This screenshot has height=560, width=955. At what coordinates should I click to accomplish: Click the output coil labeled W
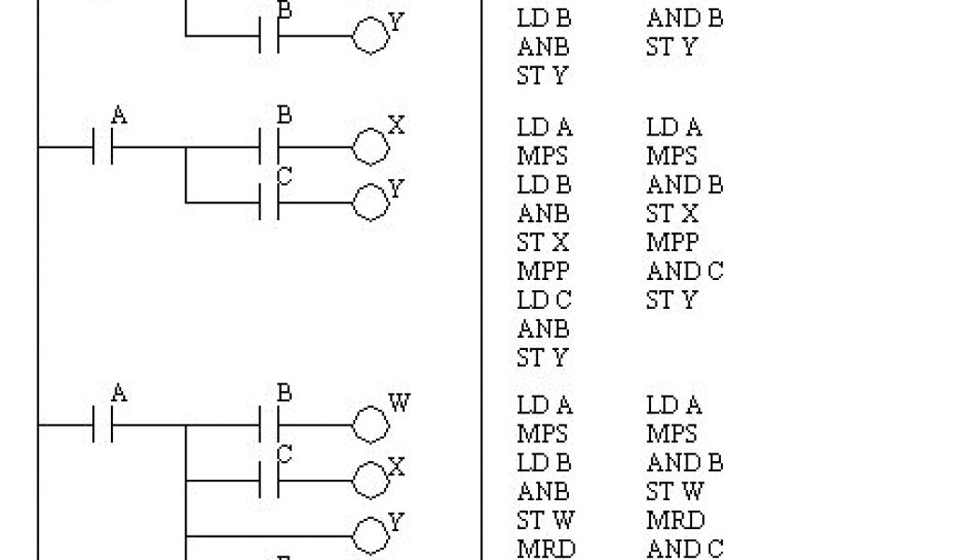tap(369, 426)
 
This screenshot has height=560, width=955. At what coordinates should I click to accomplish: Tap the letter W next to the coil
tap(399, 403)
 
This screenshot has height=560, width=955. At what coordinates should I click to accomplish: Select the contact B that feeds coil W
tap(270, 426)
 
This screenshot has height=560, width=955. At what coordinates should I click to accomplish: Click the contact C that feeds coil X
tap(270, 480)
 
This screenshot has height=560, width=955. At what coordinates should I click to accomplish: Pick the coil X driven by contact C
tap(369, 480)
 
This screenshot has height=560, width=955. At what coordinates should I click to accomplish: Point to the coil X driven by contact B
tap(369, 147)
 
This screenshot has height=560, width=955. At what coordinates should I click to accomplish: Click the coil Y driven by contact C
tap(369, 202)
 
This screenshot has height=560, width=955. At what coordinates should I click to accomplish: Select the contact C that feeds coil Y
tap(270, 202)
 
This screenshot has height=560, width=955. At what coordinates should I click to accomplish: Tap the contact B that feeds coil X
tap(270, 147)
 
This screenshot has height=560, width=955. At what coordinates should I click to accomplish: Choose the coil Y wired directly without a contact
tap(369, 536)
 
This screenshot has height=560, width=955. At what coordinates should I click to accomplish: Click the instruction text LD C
tap(544, 301)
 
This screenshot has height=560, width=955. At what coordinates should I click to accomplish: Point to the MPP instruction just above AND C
tap(671, 242)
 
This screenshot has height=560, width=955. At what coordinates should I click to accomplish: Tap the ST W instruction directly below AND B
tap(675, 492)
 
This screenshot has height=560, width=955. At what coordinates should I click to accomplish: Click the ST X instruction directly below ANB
tap(543, 243)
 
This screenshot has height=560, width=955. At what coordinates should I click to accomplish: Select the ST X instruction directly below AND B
tap(671, 214)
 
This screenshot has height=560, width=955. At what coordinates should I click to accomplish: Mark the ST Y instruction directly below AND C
tap(671, 301)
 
